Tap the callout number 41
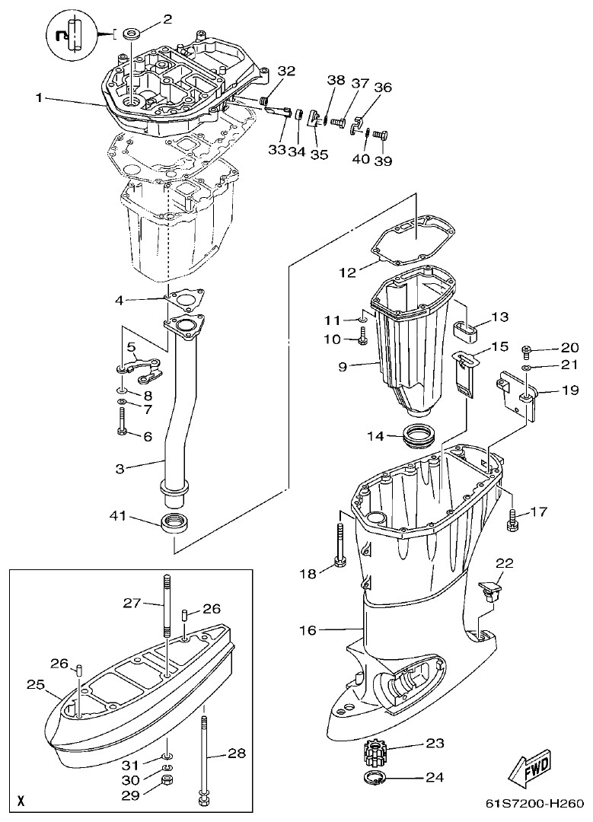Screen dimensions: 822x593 [119, 517]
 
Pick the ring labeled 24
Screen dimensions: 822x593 [374, 778]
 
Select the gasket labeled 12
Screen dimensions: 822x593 [416, 237]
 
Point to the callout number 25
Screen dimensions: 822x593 [36, 685]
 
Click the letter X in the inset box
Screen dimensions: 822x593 [21, 801]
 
